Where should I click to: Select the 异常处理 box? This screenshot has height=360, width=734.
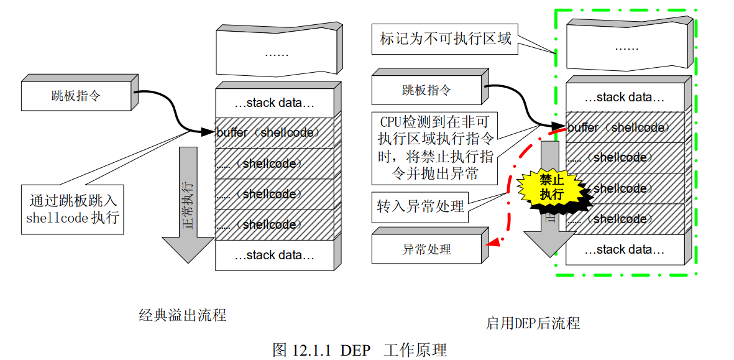[x=426, y=250]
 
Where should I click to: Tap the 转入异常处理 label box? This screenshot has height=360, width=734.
[x=421, y=206]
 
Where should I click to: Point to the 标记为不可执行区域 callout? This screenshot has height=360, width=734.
[x=445, y=39]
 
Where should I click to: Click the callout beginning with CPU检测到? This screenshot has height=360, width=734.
[x=435, y=148]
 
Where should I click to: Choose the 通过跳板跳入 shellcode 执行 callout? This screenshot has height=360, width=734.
[x=73, y=209]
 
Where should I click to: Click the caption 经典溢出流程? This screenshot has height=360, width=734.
[x=182, y=315]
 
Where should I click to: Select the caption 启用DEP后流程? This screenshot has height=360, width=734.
[x=533, y=323]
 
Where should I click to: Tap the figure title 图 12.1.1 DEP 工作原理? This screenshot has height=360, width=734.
[x=360, y=349]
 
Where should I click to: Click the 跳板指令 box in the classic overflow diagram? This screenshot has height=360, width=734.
[x=76, y=97]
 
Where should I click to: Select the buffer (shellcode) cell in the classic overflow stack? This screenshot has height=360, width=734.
[x=274, y=132]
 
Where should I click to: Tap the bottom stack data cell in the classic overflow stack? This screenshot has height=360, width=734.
[x=274, y=255]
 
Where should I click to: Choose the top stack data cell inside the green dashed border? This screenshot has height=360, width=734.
[x=625, y=98]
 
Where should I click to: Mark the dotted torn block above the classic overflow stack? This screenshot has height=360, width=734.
[x=277, y=53]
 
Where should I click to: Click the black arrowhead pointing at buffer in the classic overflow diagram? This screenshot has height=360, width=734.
[x=208, y=132]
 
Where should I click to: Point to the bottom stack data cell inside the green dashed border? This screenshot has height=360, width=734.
[x=625, y=250]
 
